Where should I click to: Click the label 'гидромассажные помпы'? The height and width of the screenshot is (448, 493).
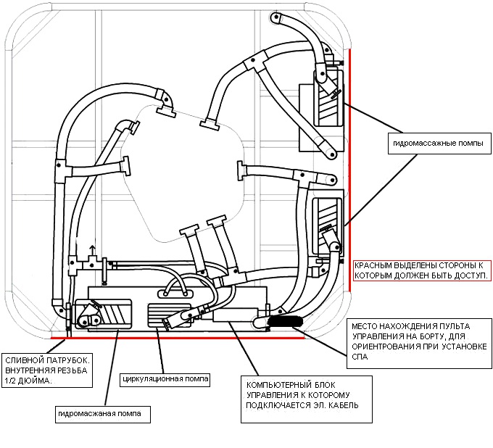438,144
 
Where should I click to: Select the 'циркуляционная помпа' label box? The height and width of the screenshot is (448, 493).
165,379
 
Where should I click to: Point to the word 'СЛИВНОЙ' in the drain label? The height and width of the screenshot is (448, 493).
22,360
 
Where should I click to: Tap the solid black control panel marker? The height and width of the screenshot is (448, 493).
285,322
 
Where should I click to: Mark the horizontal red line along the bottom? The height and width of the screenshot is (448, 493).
178,338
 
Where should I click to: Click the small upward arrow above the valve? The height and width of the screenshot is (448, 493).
93,251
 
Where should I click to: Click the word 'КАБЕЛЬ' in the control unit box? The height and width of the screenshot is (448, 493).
344,405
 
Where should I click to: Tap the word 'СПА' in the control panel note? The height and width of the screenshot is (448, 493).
360,357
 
